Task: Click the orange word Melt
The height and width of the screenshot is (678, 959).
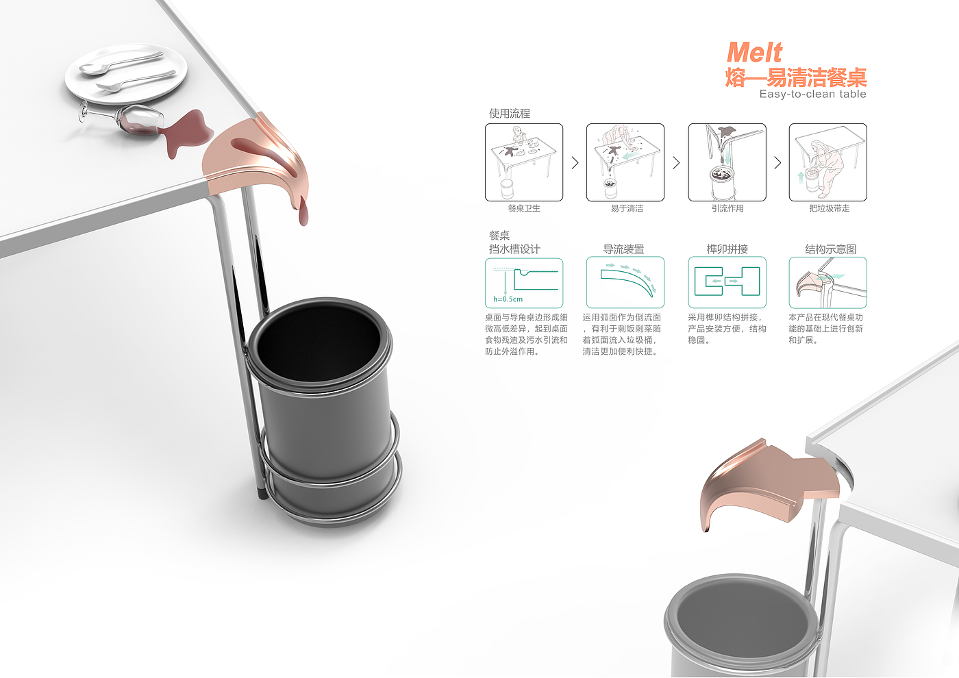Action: pos(754,53)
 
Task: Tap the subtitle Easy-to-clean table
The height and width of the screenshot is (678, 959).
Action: pos(812,95)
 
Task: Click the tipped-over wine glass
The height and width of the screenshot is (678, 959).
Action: pos(121,116)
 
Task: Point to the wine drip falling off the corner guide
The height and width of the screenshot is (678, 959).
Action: pos(303,212)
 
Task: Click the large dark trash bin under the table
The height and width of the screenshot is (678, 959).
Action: pos(324,410)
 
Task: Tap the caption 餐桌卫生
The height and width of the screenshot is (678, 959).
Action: pos(524,208)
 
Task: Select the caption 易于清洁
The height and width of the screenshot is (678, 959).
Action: pos(627,208)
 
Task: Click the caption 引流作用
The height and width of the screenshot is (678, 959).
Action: pos(727,208)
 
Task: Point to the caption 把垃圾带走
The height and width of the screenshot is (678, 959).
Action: pos(830,208)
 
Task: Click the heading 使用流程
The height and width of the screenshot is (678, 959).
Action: pos(510,114)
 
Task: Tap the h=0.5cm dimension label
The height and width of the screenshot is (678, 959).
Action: pos(508,299)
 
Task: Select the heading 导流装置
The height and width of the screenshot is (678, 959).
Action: pos(623,249)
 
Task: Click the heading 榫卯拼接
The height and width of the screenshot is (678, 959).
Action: pos(727,249)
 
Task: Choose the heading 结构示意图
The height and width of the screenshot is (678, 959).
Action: pos(830,249)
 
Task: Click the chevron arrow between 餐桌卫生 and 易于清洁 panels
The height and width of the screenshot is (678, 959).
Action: pos(575,163)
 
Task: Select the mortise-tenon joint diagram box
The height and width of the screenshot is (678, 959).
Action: pos(727,282)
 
